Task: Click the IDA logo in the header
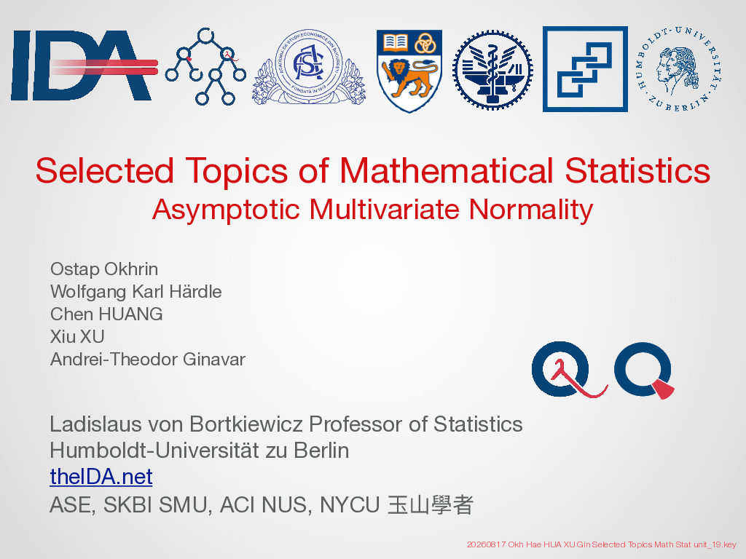pyautogui.click(x=84, y=66)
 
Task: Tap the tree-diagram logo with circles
pyautogui.click(x=205, y=66)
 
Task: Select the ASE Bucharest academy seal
pyautogui.click(x=309, y=66)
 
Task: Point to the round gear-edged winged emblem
pyautogui.click(x=492, y=70)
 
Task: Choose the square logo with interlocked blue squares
pyautogui.click(x=585, y=69)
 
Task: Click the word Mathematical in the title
pyautogui.click(x=447, y=170)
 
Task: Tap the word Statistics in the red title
pyautogui.click(x=637, y=170)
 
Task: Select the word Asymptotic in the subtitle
pyautogui.click(x=226, y=210)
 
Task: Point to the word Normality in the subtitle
pyautogui.click(x=531, y=210)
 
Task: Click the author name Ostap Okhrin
pyautogui.click(x=104, y=269)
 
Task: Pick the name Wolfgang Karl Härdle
pyautogui.click(x=136, y=291)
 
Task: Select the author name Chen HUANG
pyautogui.click(x=106, y=314)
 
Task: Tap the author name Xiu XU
pyautogui.click(x=77, y=336)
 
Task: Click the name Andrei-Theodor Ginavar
pyautogui.click(x=148, y=359)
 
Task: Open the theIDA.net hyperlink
pyautogui.click(x=101, y=476)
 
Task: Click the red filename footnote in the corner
pyautogui.click(x=601, y=544)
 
